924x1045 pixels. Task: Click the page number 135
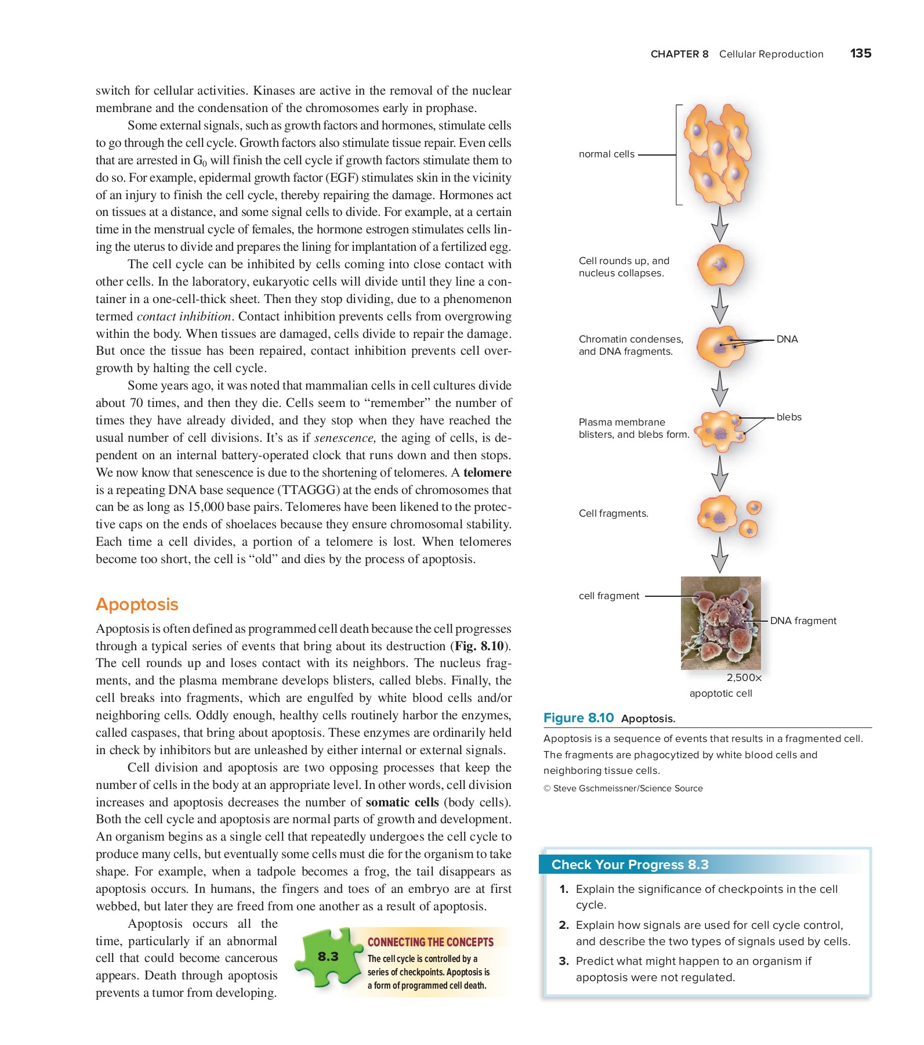[860, 53]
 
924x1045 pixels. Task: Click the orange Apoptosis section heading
[137, 604]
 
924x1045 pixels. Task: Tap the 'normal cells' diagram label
[606, 154]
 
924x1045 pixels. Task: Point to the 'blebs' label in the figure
[788, 417]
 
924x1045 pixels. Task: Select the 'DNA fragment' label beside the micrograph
[803, 621]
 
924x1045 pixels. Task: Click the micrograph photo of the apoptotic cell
[720, 623]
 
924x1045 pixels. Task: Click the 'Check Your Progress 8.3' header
[629, 864]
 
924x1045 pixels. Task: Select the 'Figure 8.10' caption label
[578, 718]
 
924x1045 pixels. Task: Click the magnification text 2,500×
[744, 678]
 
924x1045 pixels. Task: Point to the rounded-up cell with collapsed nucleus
[720, 265]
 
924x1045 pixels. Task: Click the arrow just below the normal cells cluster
[720, 225]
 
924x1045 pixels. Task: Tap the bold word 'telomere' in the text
[487, 473]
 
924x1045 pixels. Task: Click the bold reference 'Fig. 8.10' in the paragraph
[479, 646]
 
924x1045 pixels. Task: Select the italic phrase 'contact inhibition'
[184, 316]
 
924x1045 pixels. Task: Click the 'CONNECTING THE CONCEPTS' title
[430, 942]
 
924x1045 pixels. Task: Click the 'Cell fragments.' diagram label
[613, 513]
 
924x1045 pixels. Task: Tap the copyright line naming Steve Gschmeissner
[623, 788]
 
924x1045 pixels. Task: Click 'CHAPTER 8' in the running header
[679, 54]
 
